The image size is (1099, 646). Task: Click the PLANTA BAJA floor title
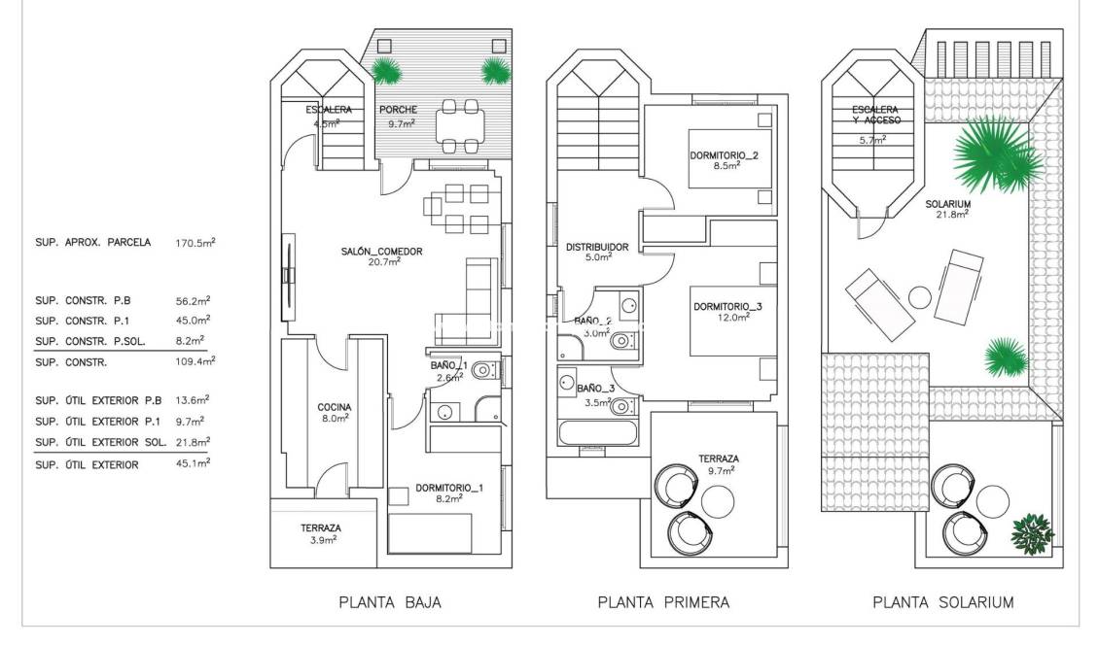coord(389,602)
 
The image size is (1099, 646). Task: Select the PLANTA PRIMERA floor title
coord(663,602)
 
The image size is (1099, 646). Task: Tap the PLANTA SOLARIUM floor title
coord(943,602)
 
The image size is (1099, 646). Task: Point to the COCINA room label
coord(334,407)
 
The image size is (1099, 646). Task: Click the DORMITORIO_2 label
coord(724,155)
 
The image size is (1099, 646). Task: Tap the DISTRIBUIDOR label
coord(597,247)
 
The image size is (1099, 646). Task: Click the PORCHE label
coord(397,111)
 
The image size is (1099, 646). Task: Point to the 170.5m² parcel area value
coord(195,243)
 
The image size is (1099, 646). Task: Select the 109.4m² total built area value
coord(195,361)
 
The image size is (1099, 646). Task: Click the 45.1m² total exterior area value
coord(195,464)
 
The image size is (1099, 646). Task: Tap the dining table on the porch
coord(458,126)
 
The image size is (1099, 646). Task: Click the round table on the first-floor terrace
coord(719,502)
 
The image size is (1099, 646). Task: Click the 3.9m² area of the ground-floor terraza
coord(318,539)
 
